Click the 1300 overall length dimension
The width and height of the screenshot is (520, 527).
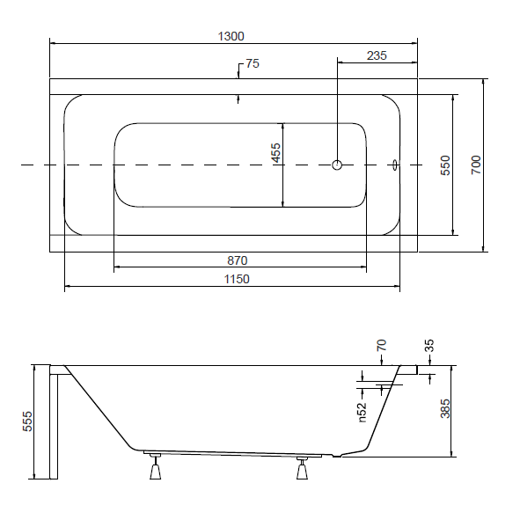pyautogui.click(x=231, y=36)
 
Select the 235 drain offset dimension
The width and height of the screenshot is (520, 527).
pyautogui.click(x=377, y=55)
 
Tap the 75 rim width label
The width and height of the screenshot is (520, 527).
pyautogui.click(x=253, y=63)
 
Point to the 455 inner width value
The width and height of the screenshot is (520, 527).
pyautogui.click(x=276, y=152)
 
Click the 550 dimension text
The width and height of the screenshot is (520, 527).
pyautogui.click(x=445, y=165)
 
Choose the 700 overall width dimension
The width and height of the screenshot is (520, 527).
pyautogui.click(x=476, y=165)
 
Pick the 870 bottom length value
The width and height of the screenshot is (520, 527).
pyautogui.click(x=238, y=260)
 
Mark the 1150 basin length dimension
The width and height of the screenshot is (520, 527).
pyautogui.click(x=237, y=279)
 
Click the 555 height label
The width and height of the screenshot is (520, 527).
pyautogui.click(x=27, y=421)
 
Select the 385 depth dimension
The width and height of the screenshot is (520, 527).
pyautogui.click(x=445, y=408)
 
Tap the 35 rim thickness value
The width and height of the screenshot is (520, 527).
pyautogui.click(x=429, y=346)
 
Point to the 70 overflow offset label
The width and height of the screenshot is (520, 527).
pyautogui.click(x=382, y=346)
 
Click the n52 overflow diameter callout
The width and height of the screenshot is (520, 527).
pyautogui.click(x=362, y=412)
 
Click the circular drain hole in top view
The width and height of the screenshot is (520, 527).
pyautogui.click(x=337, y=165)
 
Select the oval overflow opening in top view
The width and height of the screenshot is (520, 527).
pyautogui.click(x=395, y=165)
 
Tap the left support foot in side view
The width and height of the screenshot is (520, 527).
pyautogui.click(x=155, y=467)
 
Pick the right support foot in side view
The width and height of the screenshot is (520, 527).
pyautogui.click(x=302, y=468)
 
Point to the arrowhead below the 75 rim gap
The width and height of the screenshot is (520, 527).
pyautogui.click(x=238, y=98)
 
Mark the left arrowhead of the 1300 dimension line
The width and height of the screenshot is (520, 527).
pyautogui.click(x=53, y=43)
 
